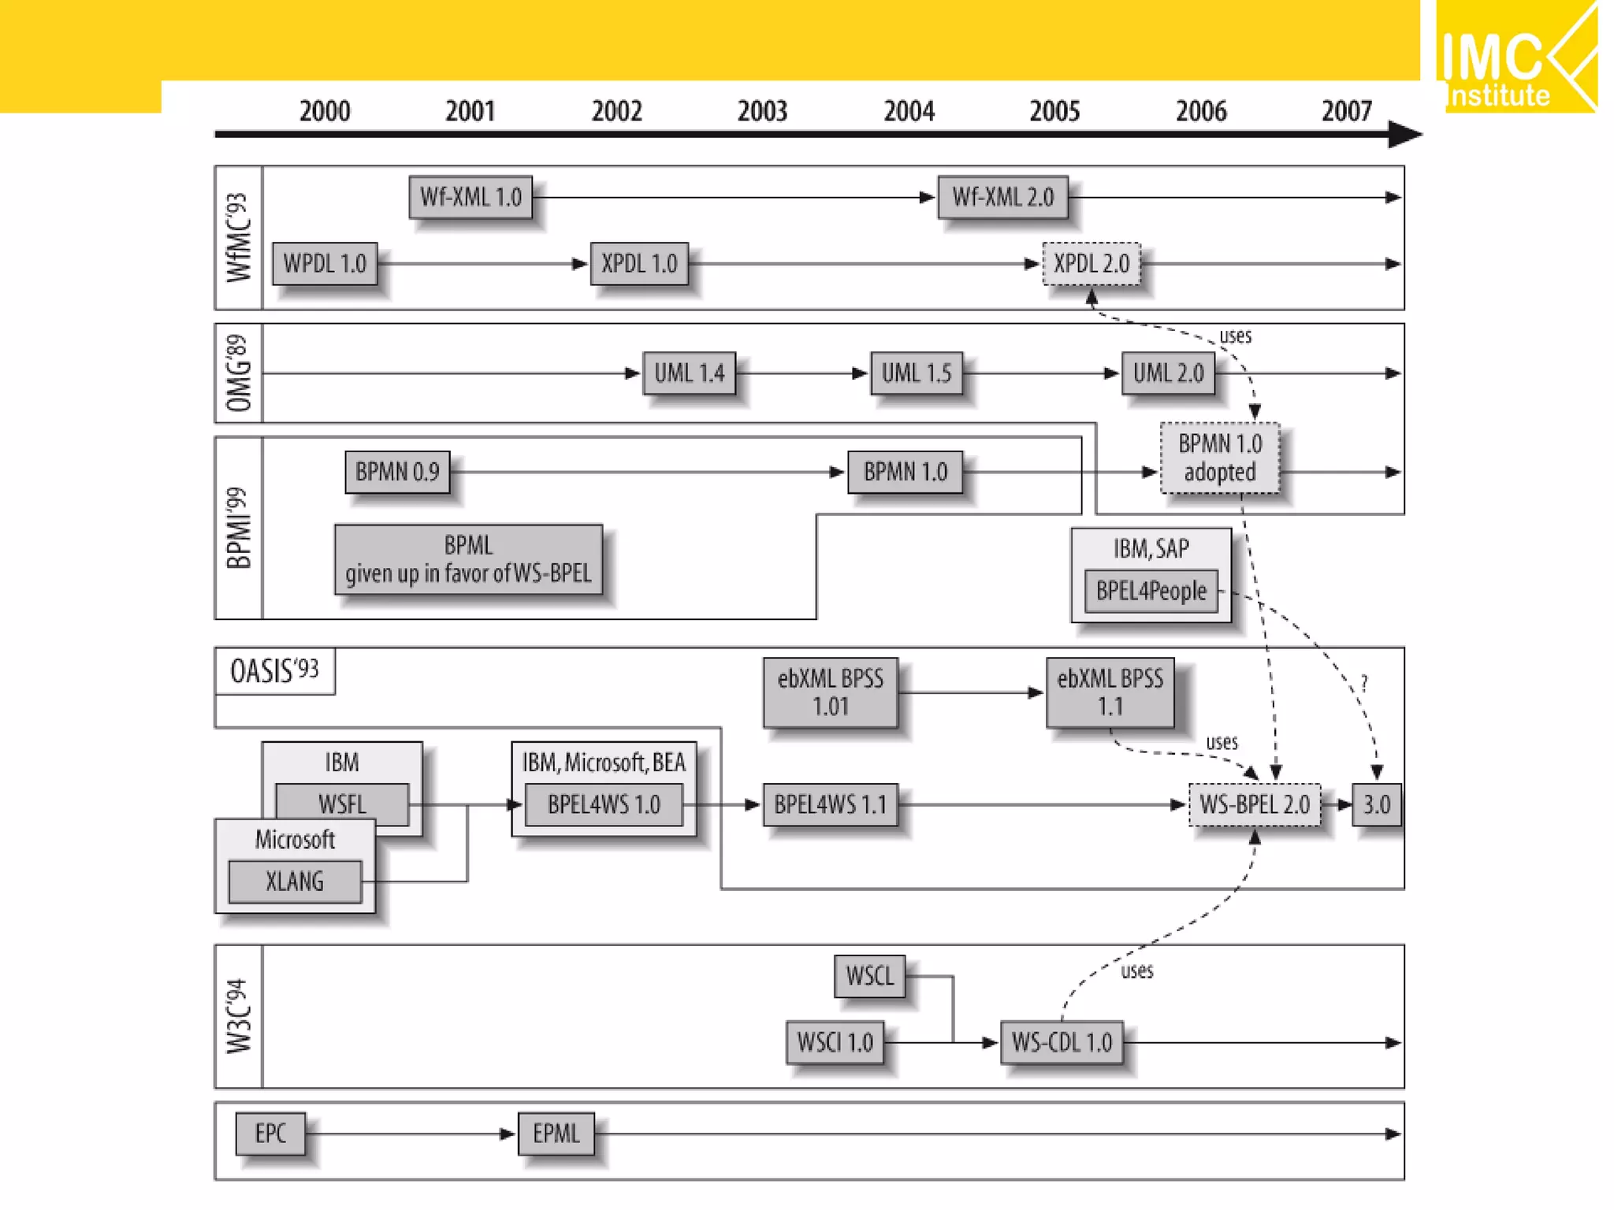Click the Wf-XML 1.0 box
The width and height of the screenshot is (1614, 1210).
tap(470, 197)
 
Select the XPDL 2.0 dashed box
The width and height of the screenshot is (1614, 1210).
tap(1091, 264)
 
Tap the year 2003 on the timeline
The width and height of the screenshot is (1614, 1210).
tap(762, 111)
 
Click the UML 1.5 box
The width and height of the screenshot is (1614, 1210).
tap(916, 373)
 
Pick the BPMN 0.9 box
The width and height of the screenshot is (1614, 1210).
tap(397, 472)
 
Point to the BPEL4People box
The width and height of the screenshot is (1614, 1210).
tap(1151, 591)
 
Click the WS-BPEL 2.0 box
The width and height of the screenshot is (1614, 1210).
tap(1254, 805)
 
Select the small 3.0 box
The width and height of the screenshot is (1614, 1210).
tap(1376, 805)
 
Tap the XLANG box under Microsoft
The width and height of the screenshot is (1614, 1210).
tap(295, 882)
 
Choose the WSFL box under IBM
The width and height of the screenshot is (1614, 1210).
tap(342, 804)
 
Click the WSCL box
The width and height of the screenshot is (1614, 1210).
tap(869, 976)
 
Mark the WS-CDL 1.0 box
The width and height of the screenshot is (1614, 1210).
tap(1062, 1043)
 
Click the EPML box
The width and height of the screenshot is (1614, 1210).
tap(556, 1134)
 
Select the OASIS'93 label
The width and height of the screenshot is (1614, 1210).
tap(274, 671)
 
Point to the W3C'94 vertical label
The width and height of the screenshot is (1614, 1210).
tap(239, 1016)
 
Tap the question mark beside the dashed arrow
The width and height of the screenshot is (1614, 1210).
tap(1364, 683)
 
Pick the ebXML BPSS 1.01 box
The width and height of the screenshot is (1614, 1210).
tap(831, 692)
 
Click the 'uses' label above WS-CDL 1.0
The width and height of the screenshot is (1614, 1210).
tap(1136, 971)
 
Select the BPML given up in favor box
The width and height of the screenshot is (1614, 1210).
tap(468, 559)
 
